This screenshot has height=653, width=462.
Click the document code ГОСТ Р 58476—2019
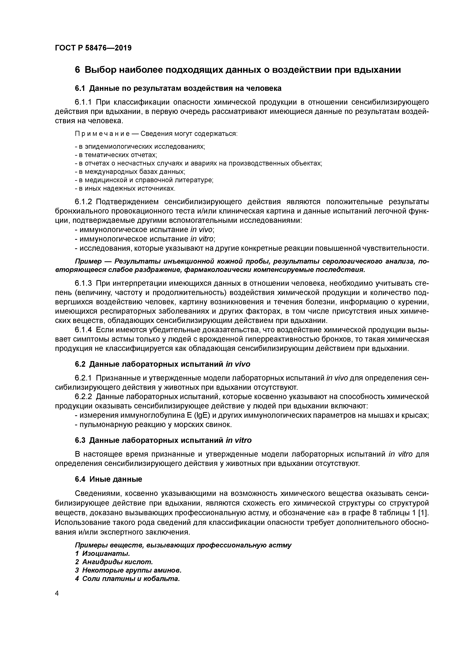93,48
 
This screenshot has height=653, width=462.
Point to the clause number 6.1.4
83,330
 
